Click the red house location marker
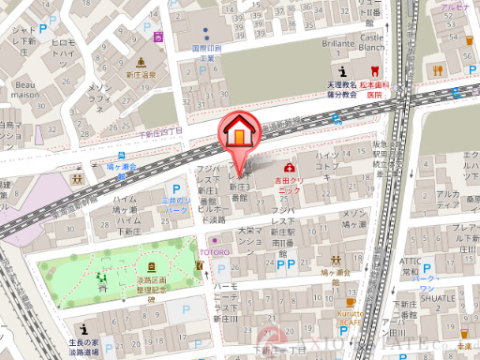point(239,130)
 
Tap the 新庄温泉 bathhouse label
point(141,73)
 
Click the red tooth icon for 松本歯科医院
point(374,71)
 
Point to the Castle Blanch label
point(372,42)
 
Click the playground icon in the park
point(102,277)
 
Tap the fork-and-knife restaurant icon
point(436,71)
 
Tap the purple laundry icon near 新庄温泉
point(159,37)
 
